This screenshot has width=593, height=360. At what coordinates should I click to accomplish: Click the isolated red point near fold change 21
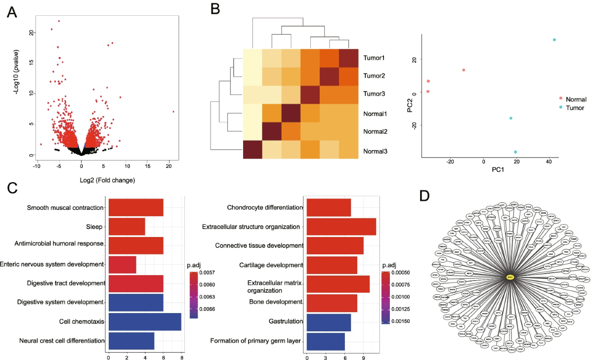[x=173, y=112]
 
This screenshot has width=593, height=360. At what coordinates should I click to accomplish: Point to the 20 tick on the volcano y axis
[x=32, y=32]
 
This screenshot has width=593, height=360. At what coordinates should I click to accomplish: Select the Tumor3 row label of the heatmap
[x=375, y=94]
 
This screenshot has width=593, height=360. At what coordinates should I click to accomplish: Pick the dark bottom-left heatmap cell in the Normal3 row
[x=252, y=150]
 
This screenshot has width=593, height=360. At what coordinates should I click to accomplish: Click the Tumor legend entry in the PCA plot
[x=575, y=107]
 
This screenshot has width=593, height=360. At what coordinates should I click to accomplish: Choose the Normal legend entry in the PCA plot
[x=576, y=99]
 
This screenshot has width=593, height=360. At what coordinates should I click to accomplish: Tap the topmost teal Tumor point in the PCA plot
[x=554, y=40]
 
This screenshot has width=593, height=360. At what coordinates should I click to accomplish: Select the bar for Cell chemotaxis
[x=145, y=321]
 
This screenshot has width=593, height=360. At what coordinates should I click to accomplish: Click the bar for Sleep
[x=127, y=227]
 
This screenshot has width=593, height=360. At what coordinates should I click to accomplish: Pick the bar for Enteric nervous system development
[x=122, y=265]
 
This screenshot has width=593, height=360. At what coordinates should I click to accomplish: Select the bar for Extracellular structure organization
[x=341, y=227]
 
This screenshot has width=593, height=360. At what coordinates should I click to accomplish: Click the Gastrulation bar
[x=329, y=321]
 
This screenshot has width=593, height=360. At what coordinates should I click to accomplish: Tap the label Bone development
[x=275, y=302]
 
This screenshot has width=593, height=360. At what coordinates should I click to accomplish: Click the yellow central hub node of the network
[x=510, y=277]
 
